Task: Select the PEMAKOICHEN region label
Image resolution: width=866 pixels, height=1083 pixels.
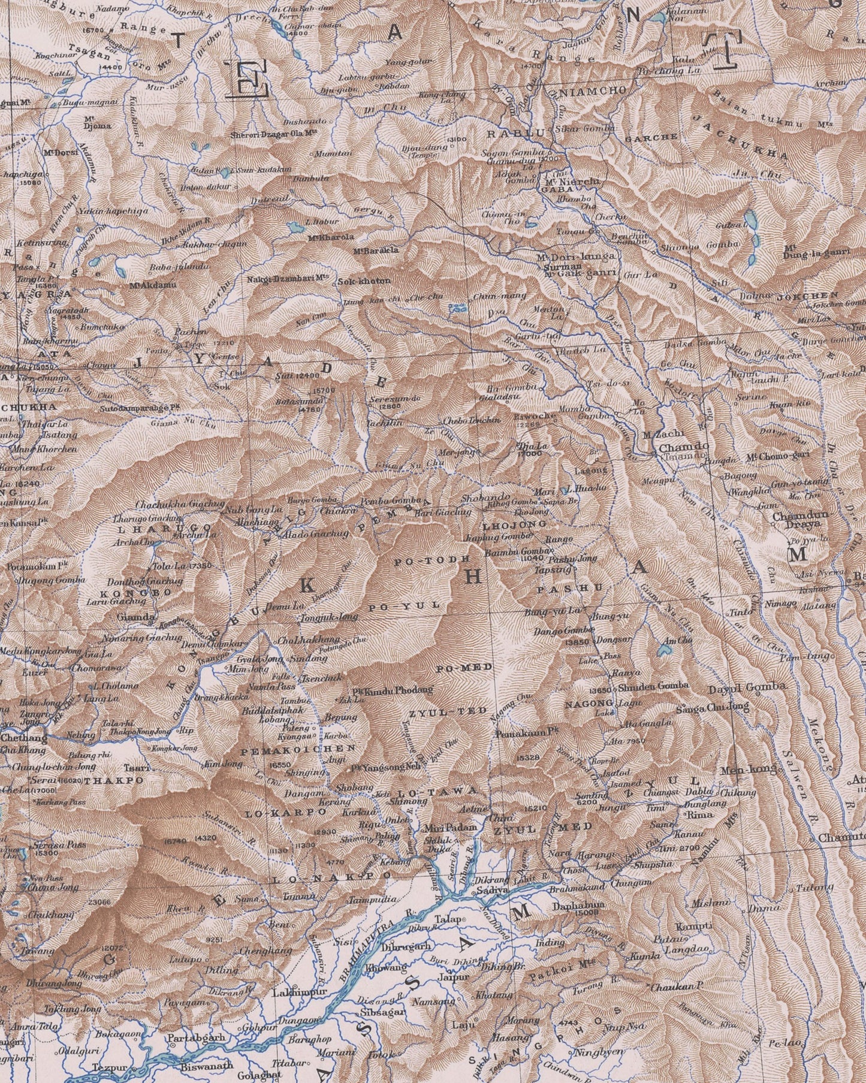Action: tap(298, 749)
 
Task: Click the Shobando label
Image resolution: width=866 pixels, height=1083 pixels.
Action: tap(486, 497)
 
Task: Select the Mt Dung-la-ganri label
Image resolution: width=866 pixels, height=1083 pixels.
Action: tap(816, 253)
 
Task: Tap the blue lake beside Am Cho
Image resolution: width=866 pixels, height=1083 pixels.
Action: tap(664, 648)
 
